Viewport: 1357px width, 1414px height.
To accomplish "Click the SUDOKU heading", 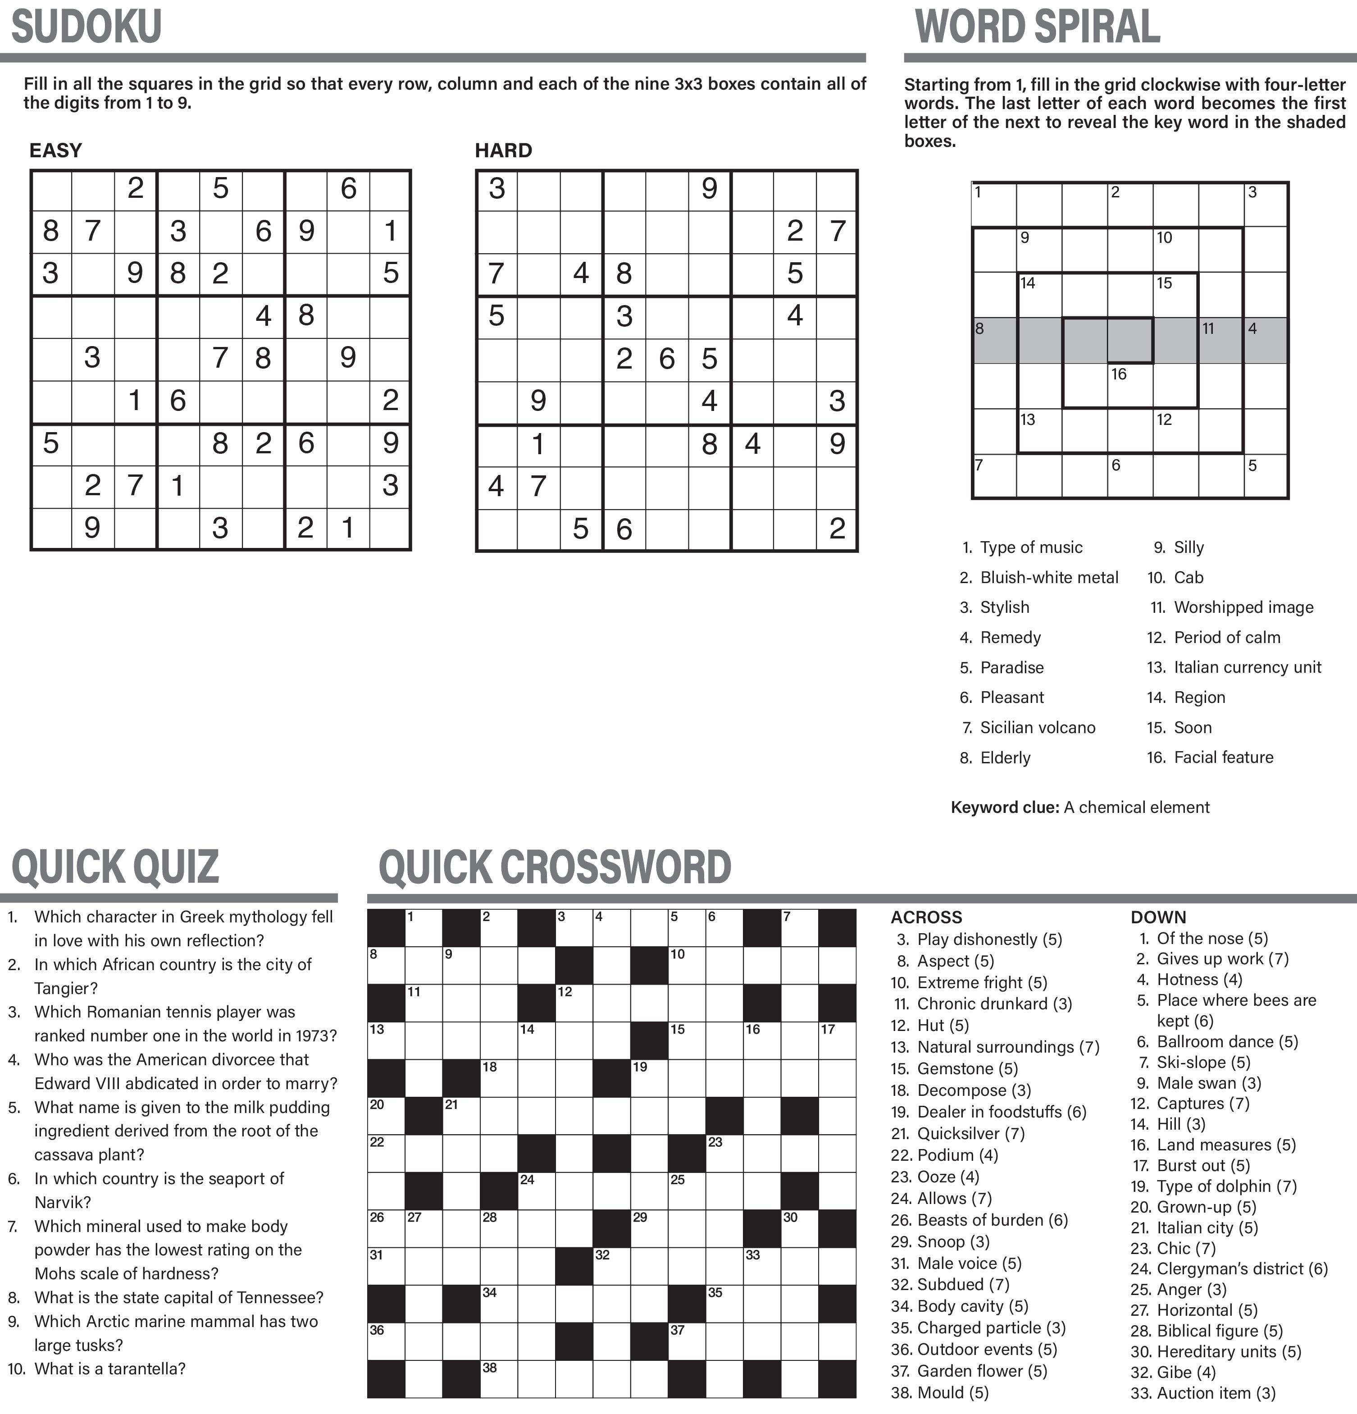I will point(87,27).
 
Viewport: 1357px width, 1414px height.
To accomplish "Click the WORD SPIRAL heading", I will point(1037,27).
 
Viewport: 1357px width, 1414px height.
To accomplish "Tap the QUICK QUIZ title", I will point(115,867).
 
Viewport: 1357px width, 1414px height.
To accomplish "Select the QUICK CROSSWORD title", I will point(555,867).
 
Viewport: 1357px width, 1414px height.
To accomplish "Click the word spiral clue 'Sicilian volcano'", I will point(1037,727).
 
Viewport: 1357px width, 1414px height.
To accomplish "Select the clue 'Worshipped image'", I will point(1243,607).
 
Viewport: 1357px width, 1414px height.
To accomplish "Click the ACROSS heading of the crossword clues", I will point(926,917).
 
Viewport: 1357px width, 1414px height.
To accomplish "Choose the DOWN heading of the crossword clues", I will point(1158,917).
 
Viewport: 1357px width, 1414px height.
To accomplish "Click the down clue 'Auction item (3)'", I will point(1216,1393).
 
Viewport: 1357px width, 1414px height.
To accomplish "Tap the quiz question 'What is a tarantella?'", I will point(109,1368).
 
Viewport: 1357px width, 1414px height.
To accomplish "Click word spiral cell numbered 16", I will point(1130,385).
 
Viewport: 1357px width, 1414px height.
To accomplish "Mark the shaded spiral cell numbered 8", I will point(995,340).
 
